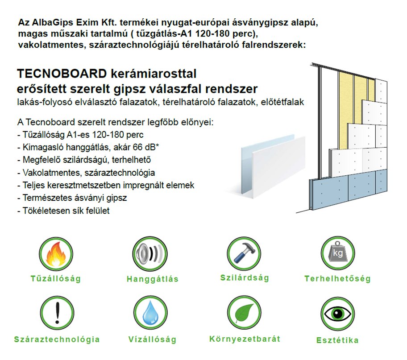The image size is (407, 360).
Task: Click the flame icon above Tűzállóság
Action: [x=56, y=253]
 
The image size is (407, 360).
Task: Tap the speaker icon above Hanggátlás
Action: [x=150, y=253]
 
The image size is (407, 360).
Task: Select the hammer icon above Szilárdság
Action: [x=244, y=253]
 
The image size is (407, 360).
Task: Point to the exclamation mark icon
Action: [x=57, y=313]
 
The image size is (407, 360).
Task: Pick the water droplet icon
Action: [x=150, y=313]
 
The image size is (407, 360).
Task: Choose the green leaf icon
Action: [x=244, y=313]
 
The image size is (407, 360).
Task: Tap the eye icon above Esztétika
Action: [x=337, y=314]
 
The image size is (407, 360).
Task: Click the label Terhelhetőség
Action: [x=337, y=279]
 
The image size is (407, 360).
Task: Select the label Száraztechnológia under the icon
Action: [x=57, y=339]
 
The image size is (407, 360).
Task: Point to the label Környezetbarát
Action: [x=245, y=339]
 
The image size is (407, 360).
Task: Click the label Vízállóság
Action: [x=152, y=339]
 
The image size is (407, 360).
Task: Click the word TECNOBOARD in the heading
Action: [x=62, y=74]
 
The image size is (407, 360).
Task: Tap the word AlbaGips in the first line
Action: [x=53, y=23]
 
